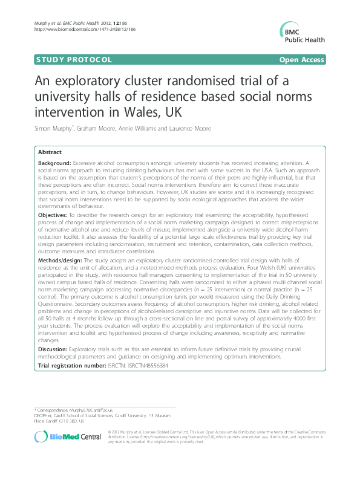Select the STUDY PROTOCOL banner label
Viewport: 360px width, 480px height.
pyautogui.click(x=73, y=59)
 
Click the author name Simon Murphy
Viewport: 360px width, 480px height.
pyautogui.click(x=55, y=129)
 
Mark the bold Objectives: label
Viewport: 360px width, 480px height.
pyautogui.click(x=52, y=214)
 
